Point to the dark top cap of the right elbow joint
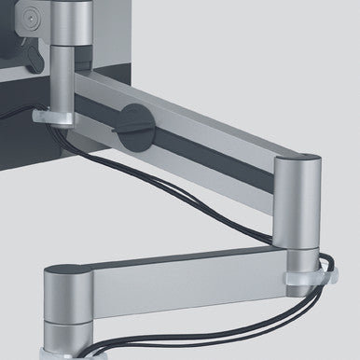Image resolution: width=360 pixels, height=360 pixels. point(294,161)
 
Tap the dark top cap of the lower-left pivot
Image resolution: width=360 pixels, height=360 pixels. point(66,272)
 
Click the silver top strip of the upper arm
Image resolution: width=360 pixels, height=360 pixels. point(187,112)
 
